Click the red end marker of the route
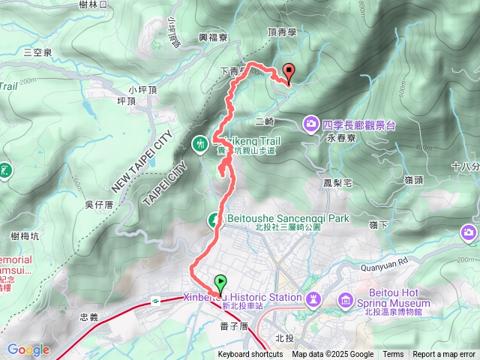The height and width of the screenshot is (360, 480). (x=289, y=73)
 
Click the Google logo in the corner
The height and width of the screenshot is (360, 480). (x=28, y=349)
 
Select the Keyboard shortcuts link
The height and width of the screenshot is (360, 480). (x=250, y=355)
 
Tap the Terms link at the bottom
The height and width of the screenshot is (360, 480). (x=393, y=355)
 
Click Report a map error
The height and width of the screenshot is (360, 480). (x=444, y=355)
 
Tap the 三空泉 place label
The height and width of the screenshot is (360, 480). (x=37, y=52)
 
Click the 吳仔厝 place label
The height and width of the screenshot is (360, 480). (x=99, y=204)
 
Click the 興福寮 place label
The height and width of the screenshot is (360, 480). (x=212, y=37)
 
